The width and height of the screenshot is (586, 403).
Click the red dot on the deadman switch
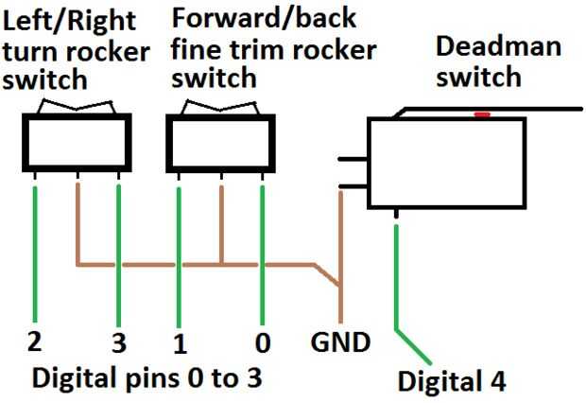click(482, 114)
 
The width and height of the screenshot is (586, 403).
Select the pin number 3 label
click(120, 339)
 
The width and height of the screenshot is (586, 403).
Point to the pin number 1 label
click(179, 340)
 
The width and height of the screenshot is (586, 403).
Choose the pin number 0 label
click(262, 339)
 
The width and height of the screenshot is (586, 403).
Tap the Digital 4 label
click(452, 381)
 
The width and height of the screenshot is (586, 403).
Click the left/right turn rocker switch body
click(77, 143)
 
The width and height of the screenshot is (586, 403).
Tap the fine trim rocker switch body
click(219, 143)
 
